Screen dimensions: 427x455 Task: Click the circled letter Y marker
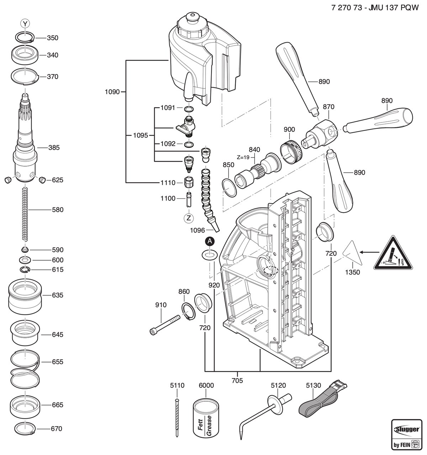click(x=25, y=23)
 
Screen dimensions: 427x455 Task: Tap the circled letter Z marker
click(x=189, y=218)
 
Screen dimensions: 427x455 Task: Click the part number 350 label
click(x=52, y=38)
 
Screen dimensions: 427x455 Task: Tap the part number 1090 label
click(x=112, y=92)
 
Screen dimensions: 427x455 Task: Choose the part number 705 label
click(x=237, y=380)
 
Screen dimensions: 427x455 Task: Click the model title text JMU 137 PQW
click(x=393, y=7)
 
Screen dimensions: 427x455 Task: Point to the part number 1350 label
click(x=353, y=272)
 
